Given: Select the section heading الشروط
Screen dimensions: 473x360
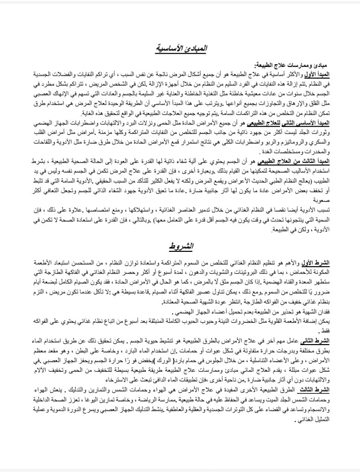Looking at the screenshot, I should click(x=180, y=245).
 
